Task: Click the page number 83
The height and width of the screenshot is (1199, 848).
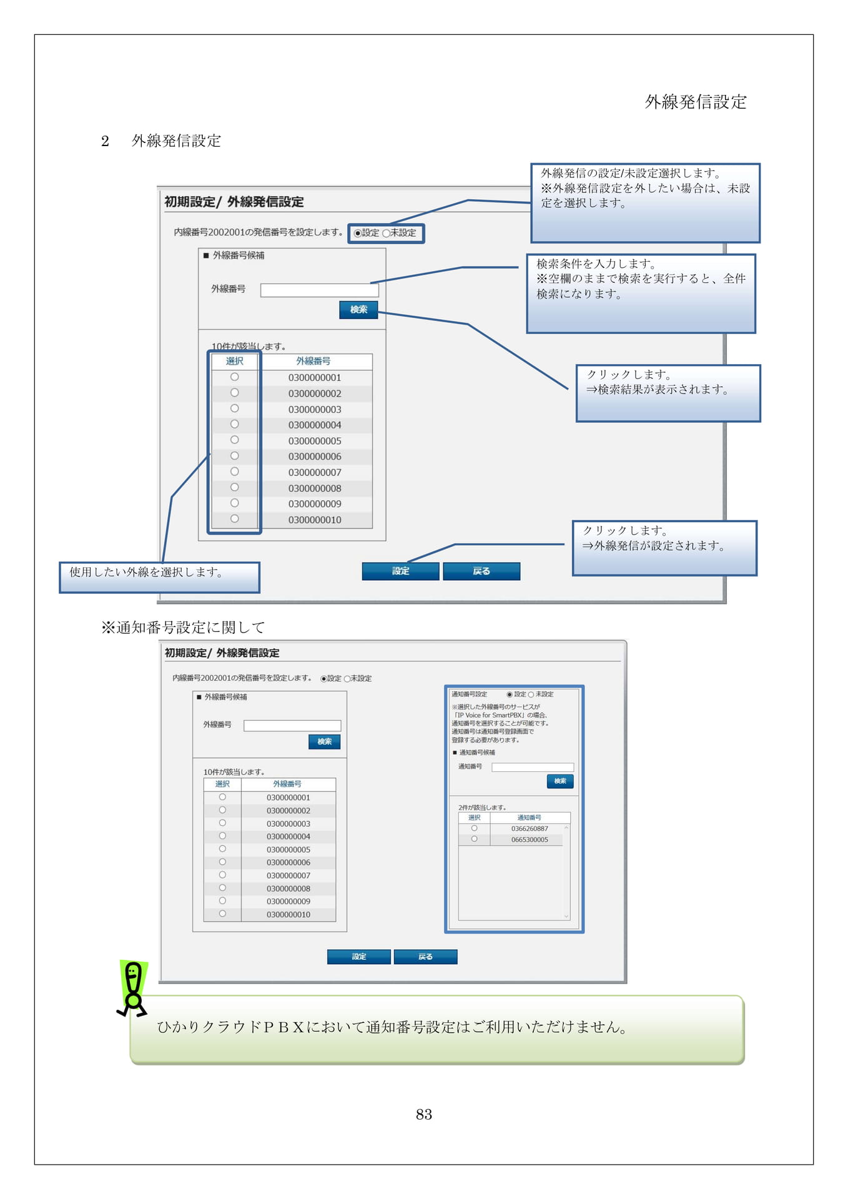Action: (x=423, y=1114)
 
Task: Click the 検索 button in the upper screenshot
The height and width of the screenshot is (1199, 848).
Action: (x=358, y=310)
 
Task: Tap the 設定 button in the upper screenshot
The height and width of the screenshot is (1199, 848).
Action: (x=400, y=571)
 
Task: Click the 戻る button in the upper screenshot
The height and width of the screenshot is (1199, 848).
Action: (x=481, y=571)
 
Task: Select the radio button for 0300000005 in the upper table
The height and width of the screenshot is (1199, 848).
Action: (x=234, y=440)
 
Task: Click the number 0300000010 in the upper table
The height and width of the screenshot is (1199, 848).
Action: (x=315, y=520)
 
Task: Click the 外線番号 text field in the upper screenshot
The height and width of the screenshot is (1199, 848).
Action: (x=319, y=290)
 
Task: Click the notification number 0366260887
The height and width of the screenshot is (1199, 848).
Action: (x=530, y=829)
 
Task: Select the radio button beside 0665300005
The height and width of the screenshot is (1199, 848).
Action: (x=475, y=839)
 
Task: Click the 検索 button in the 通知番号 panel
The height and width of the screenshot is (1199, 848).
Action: (x=560, y=781)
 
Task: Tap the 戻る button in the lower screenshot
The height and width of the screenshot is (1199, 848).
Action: (x=425, y=957)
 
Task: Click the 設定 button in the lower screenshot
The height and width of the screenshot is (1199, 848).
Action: (x=359, y=957)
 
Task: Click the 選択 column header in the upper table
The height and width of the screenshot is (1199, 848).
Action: (x=235, y=361)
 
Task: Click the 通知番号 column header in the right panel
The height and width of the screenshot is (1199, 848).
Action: (x=530, y=817)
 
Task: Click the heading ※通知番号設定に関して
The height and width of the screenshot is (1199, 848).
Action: (x=184, y=627)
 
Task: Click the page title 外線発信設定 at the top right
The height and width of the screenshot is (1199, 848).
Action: (x=696, y=102)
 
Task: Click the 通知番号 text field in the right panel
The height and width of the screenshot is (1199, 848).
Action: (x=533, y=767)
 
